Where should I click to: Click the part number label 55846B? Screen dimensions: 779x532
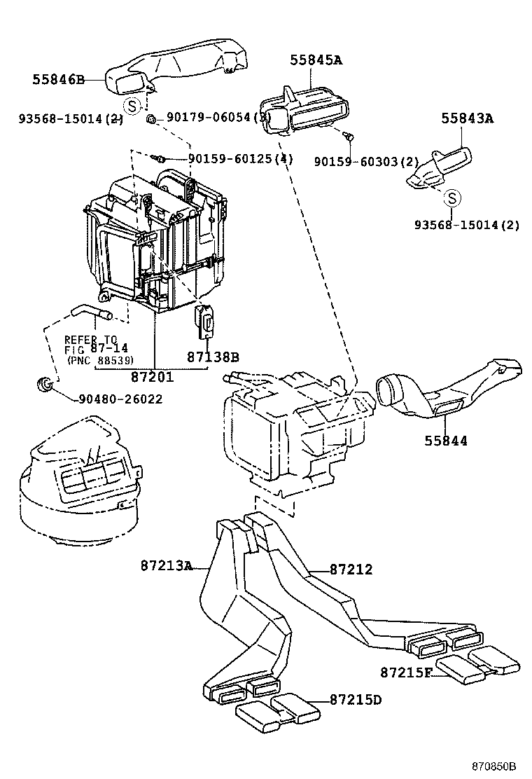click(x=57, y=80)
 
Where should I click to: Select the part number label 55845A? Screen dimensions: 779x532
click(x=316, y=60)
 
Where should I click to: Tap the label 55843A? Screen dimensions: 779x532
click(x=467, y=118)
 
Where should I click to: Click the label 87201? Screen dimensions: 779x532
click(x=152, y=377)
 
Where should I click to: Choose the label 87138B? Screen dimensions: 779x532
click(x=213, y=357)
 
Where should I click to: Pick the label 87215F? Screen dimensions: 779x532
click(x=406, y=673)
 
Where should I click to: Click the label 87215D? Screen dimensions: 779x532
click(x=356, y=699)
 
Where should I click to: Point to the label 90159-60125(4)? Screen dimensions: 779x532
click(x=240, y=160)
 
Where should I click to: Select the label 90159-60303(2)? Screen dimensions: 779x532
click(x=366, y=161)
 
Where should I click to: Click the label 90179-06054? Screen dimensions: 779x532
click(x=210, y=118)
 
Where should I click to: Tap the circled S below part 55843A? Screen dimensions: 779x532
click(x=452, y=198)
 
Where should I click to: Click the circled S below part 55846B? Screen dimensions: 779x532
click(x=131, y=106)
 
